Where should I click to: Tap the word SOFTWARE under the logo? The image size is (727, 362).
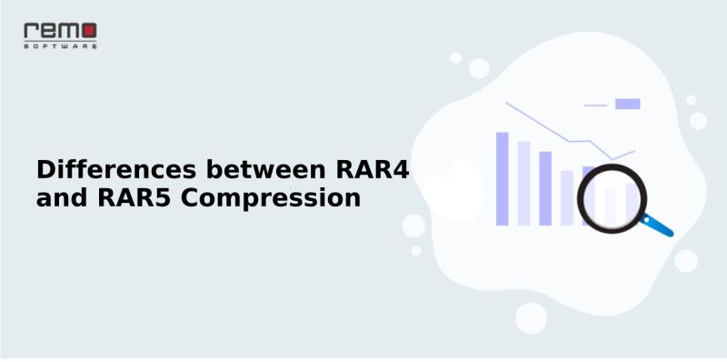click(x=60, y=45)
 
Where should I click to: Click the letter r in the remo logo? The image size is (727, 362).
click(x=29, y=32)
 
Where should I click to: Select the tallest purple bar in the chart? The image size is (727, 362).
click(x=502, y=177)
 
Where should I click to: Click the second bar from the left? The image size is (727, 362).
click(x=523, y=182)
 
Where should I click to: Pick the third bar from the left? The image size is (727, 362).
click(x=545, y=187)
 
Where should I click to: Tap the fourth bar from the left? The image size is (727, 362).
click(x=567, y=196)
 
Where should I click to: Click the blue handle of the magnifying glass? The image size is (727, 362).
click(x=658, y=225)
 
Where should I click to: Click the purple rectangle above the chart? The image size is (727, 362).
click(x=627, y=104)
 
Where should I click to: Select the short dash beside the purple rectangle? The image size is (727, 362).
click(x=595, y=106)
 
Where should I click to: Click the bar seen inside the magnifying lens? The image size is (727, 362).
click(x=611, y=206)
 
